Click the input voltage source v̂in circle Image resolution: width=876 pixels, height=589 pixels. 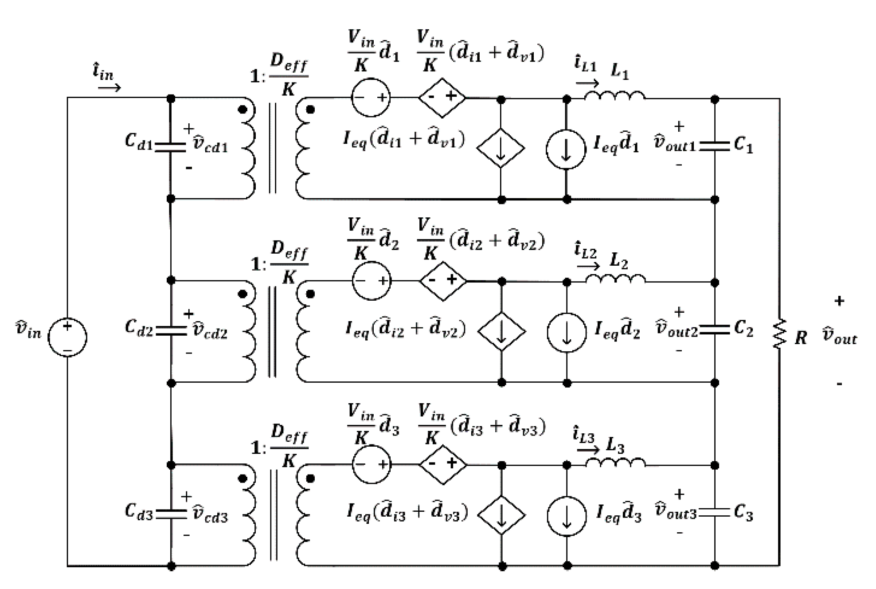67,337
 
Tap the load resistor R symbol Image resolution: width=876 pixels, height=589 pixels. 779,334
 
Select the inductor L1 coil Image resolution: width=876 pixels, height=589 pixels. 614,96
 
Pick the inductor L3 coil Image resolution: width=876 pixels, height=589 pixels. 615,462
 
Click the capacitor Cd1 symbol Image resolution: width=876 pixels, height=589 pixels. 171,147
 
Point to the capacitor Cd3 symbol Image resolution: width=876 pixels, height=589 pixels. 172,514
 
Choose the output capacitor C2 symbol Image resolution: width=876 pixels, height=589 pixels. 715,330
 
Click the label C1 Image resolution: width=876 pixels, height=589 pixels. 743,145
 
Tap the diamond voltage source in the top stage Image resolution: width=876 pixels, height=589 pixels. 442,97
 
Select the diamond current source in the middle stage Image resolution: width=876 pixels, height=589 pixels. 501,331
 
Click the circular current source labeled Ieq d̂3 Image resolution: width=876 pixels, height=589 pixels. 567,516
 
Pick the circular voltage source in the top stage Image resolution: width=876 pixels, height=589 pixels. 371,98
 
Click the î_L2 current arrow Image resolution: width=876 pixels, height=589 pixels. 588,266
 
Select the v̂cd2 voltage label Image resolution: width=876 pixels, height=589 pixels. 210,331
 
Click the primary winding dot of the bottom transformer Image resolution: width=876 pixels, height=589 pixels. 242,478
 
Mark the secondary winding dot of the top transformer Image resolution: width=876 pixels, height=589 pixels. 310,110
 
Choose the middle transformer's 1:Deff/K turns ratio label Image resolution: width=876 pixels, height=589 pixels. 279,263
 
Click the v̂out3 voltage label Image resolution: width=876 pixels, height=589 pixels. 676,511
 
